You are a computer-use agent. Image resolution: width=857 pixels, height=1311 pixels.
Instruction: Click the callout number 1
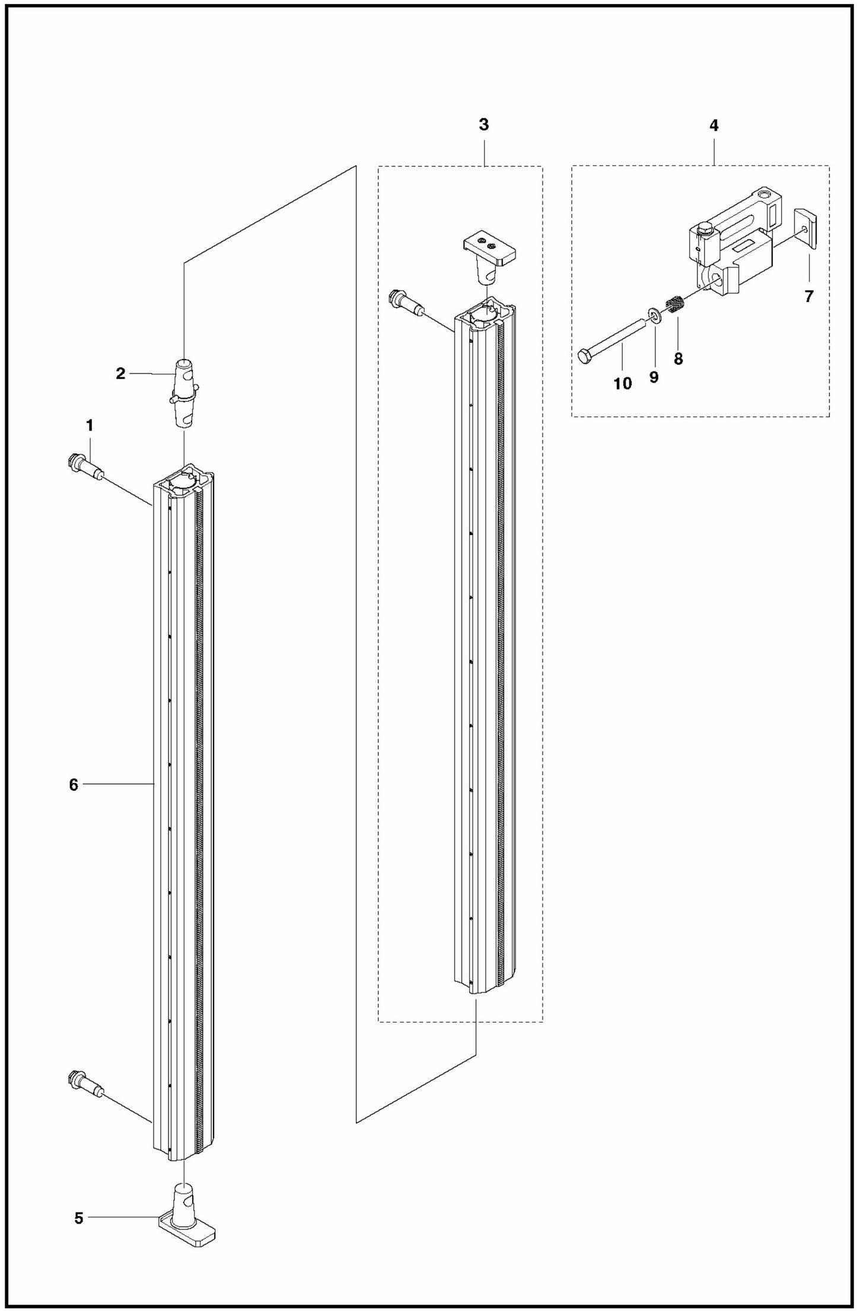[x=90, y=425]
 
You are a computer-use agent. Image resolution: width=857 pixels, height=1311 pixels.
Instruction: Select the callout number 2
[x=120, y=374]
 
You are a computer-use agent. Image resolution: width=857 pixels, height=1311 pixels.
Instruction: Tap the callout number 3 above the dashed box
[x=483, y=125]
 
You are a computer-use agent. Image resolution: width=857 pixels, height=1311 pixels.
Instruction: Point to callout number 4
[x=713, y=125]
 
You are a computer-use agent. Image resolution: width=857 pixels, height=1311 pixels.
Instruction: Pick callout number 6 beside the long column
[x=74, y=785]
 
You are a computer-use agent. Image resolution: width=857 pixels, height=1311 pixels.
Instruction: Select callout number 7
[x=809, y=297]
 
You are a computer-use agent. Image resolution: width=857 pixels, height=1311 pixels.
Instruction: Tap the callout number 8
[x=678, y=358]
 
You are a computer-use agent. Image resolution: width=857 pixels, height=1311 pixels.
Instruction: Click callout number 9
[x=654, y=377]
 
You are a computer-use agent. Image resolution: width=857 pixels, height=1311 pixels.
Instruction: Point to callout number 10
[x=623, y=384]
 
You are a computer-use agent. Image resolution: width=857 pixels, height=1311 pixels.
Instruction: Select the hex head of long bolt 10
[x=584, y=356]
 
